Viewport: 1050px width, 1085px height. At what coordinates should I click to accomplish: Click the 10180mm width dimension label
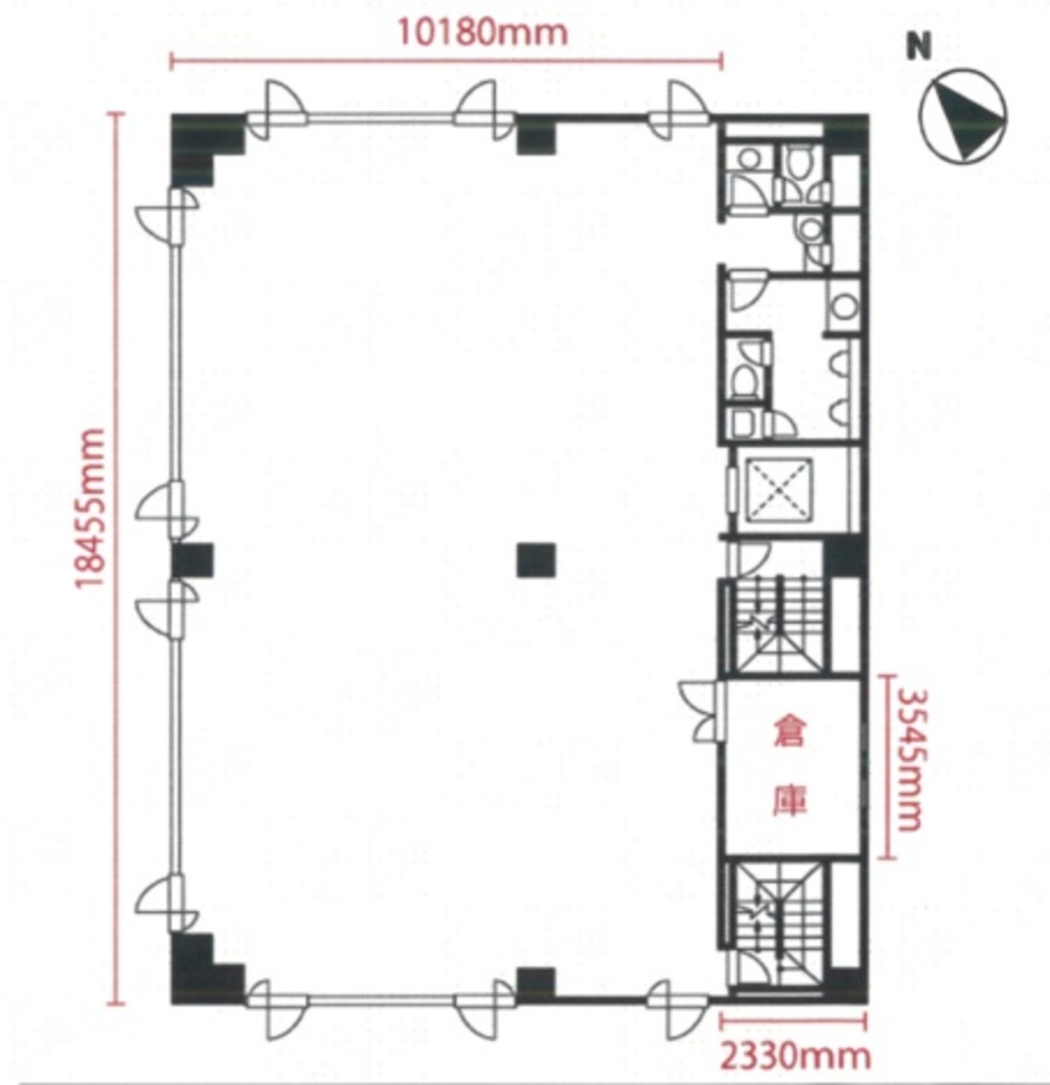pyautogui.click(x=482, y=33)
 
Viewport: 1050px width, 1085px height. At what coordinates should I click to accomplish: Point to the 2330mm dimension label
pyautogui.click(x=795, y=1055)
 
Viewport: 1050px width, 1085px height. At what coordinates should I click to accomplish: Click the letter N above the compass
pyautogui.click(x=919, y=48)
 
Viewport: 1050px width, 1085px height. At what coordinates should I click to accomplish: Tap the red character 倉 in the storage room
pyautogui.click(x=788, y=732)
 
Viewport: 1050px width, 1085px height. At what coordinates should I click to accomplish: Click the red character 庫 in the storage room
pyautogui.click(x=788, y=801)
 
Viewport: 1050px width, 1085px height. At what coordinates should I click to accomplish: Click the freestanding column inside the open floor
pyautogui.click(x=535, y=560)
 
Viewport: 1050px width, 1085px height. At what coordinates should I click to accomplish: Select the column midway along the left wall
pyautogui.click(x=192, y=560)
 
